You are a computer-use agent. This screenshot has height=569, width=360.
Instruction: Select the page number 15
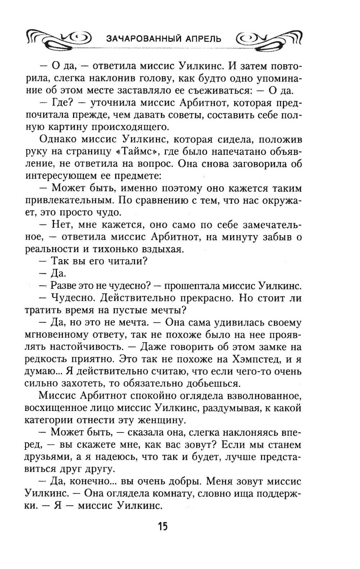pos(162,526)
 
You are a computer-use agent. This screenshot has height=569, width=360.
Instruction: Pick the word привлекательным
pos(69,200)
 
